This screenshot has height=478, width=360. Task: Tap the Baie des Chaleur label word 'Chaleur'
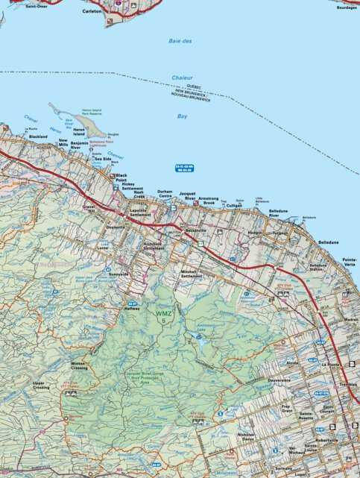coord(182,78)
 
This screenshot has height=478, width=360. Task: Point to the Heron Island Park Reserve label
coord(96,113)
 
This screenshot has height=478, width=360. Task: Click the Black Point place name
coord(121,177)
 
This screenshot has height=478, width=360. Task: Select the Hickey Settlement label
coord(132,186)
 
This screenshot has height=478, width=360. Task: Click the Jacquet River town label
coord(187,196)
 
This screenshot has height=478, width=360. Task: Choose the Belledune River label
coord(279,213)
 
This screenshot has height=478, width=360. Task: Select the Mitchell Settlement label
coord(192,274)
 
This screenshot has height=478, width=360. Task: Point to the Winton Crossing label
coord(79,366)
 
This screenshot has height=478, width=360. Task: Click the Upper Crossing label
coord(41,386)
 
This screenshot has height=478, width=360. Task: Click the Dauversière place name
coord(280,380)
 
